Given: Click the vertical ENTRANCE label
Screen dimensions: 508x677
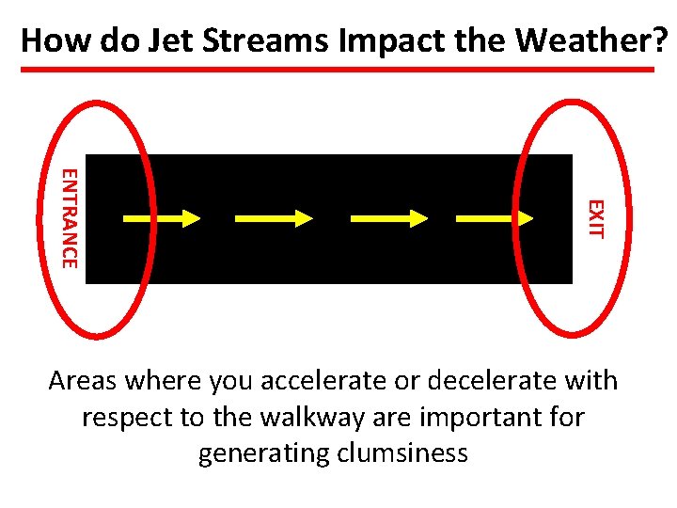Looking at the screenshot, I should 69,217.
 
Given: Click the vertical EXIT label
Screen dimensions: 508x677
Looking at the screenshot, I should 595,218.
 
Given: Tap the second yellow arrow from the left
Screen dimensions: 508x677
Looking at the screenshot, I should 274,218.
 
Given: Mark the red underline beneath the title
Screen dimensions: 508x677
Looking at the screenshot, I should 338,70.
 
